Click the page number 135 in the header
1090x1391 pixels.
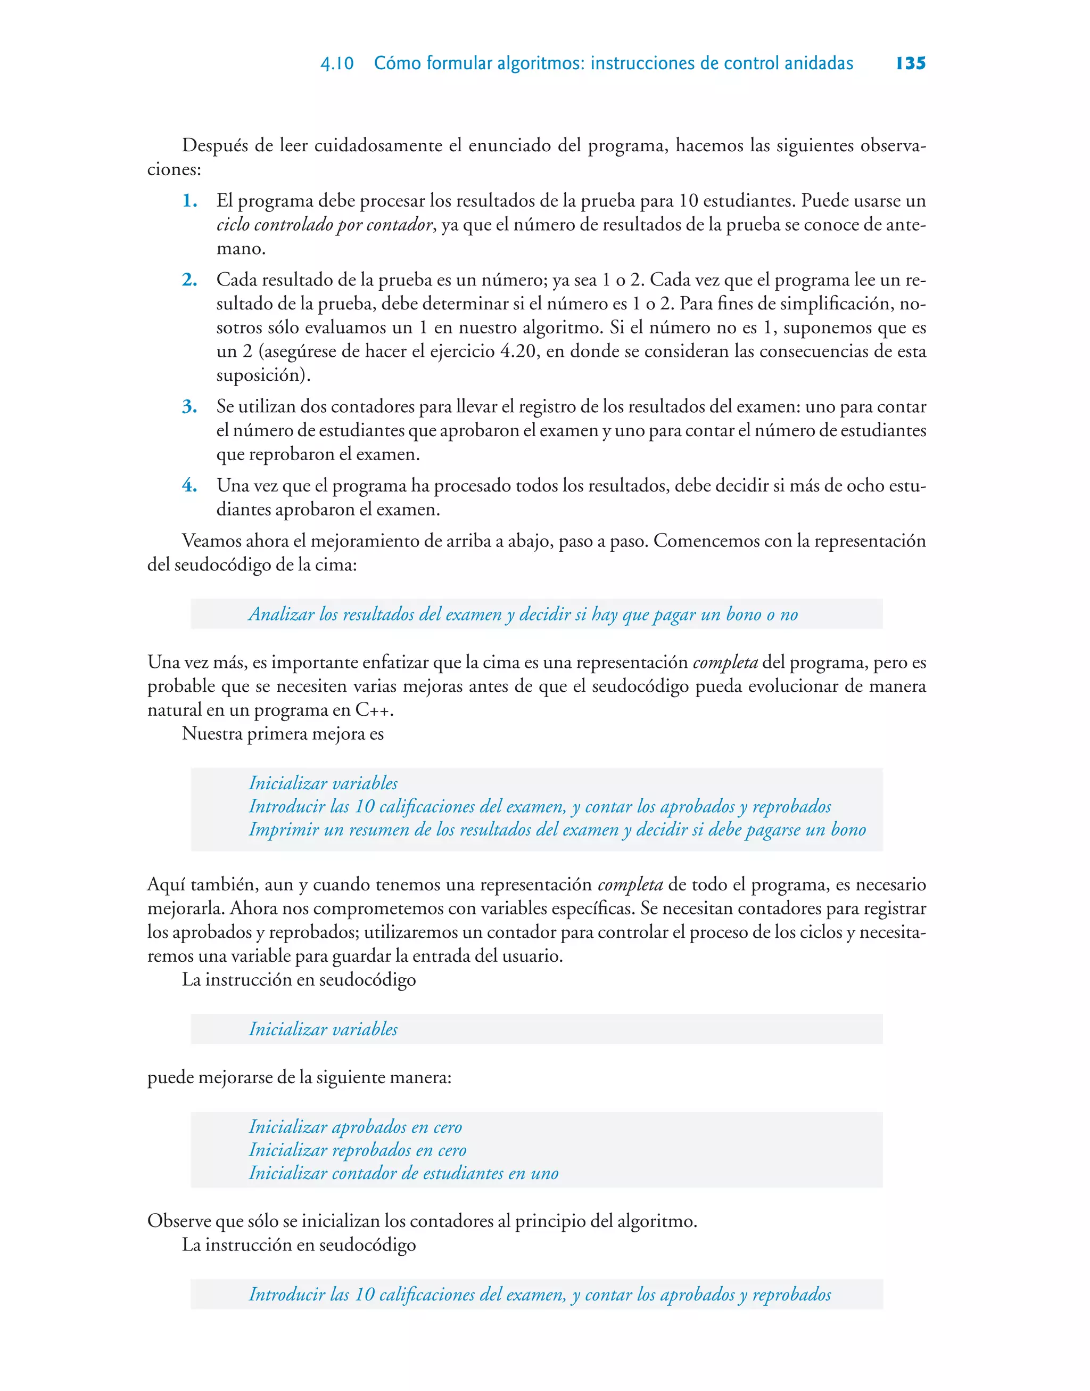pyautogui.click(x=910, y=63)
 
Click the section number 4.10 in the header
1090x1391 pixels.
pyautogui.click(x=337, y=64)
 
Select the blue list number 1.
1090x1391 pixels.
pyautogui.click(x=189, y=201)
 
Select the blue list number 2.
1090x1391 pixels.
pyautogui.click(x=189, y=280)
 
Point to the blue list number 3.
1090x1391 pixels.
pyautogui.click(x=189, y=407)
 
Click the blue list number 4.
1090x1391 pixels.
pyautogui.click(x=189, y=486)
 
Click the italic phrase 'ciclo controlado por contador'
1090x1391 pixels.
pyautogui.click(x=325, y=225)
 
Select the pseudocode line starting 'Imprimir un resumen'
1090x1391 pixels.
pyautogui.click(x=557, y=830)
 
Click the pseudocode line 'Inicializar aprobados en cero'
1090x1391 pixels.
pyautogui.click(x=355, y=1127)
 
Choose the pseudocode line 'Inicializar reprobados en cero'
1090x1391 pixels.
pyautogui.click(x=357, y=1150)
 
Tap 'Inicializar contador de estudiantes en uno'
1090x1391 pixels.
pyautogui.click(x=403, y=1173)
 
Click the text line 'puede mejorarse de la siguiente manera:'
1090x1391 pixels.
pyautogui.click(x=299, y=1077)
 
